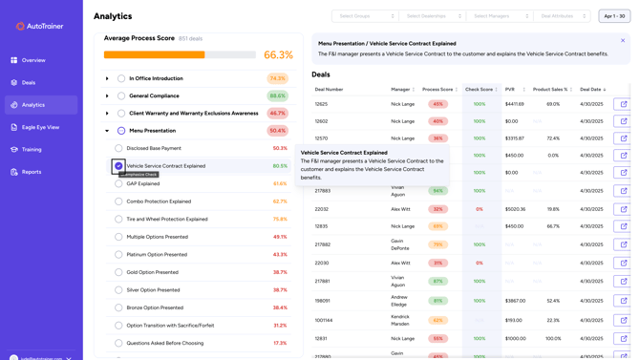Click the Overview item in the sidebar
[33, 60]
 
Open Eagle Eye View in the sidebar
[40, 127]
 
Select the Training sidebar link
[32, 150]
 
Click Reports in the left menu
[32, 172]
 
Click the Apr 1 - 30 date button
[614, 16]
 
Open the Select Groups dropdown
[364, 16]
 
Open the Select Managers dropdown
[500, 16]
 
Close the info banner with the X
[623, 41]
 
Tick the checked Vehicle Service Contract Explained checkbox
[118, 166]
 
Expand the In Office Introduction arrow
[107, 78]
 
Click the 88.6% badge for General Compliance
[277, 96]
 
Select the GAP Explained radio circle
[118, 183]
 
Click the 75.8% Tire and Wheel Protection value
[280, 220]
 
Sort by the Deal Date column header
[591, 90]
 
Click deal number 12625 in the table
[321, 104]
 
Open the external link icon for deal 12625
[623, 104]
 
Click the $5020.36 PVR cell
[515, 209]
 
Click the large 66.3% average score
[278, 55]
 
